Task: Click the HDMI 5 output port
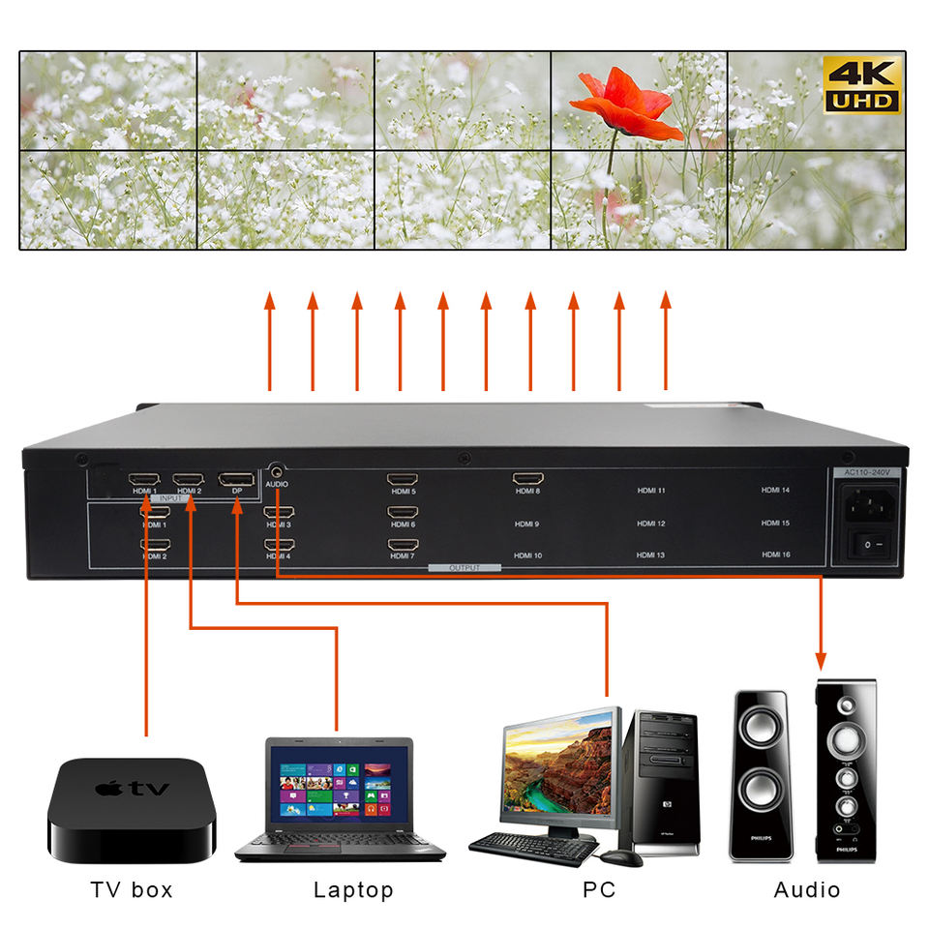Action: [402, 479]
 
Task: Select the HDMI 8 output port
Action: [528, 478]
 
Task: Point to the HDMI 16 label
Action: [775, 554]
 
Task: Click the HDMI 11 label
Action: [650, 491]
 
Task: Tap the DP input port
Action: [236, 479]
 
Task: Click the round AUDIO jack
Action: [277, 468]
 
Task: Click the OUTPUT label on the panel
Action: [464, 568]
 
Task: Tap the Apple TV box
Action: [132, 810]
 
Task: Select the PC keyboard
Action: [533, 848]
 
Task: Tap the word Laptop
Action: [353, 890]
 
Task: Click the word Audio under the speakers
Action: [807, 890]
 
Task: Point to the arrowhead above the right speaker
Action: [822, 662]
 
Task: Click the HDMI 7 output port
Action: [402, 546]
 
